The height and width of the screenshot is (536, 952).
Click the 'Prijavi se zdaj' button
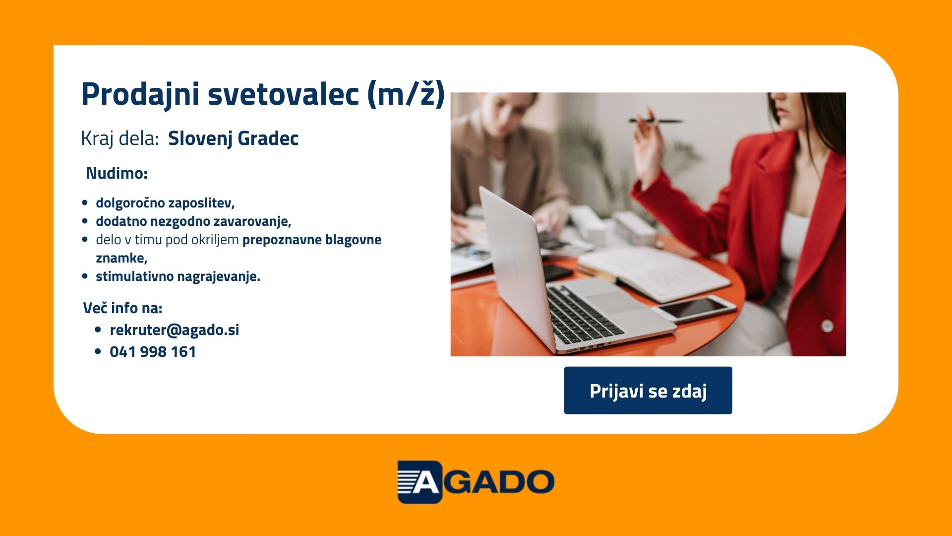(648, 390)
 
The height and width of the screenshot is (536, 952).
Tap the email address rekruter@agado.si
(175, 330)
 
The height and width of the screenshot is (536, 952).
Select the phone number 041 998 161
(153, 352)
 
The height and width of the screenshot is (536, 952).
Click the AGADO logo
(476, 482)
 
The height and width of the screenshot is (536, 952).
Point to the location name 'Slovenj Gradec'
(234, 138)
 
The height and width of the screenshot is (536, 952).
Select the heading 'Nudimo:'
(117, 173)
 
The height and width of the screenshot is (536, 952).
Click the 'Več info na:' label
(122, 308)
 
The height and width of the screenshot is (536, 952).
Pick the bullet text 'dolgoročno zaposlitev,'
(165, 203)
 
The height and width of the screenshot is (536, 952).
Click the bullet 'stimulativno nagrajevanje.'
(178, 276)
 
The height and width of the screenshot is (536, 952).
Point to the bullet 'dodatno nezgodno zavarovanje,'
(193, 221)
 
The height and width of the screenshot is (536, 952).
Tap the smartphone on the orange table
(693, 309)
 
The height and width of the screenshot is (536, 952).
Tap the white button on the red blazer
(827, 326)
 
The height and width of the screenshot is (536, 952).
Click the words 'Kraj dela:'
(119, 138)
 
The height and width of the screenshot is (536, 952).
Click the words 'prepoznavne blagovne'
(312, 240)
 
